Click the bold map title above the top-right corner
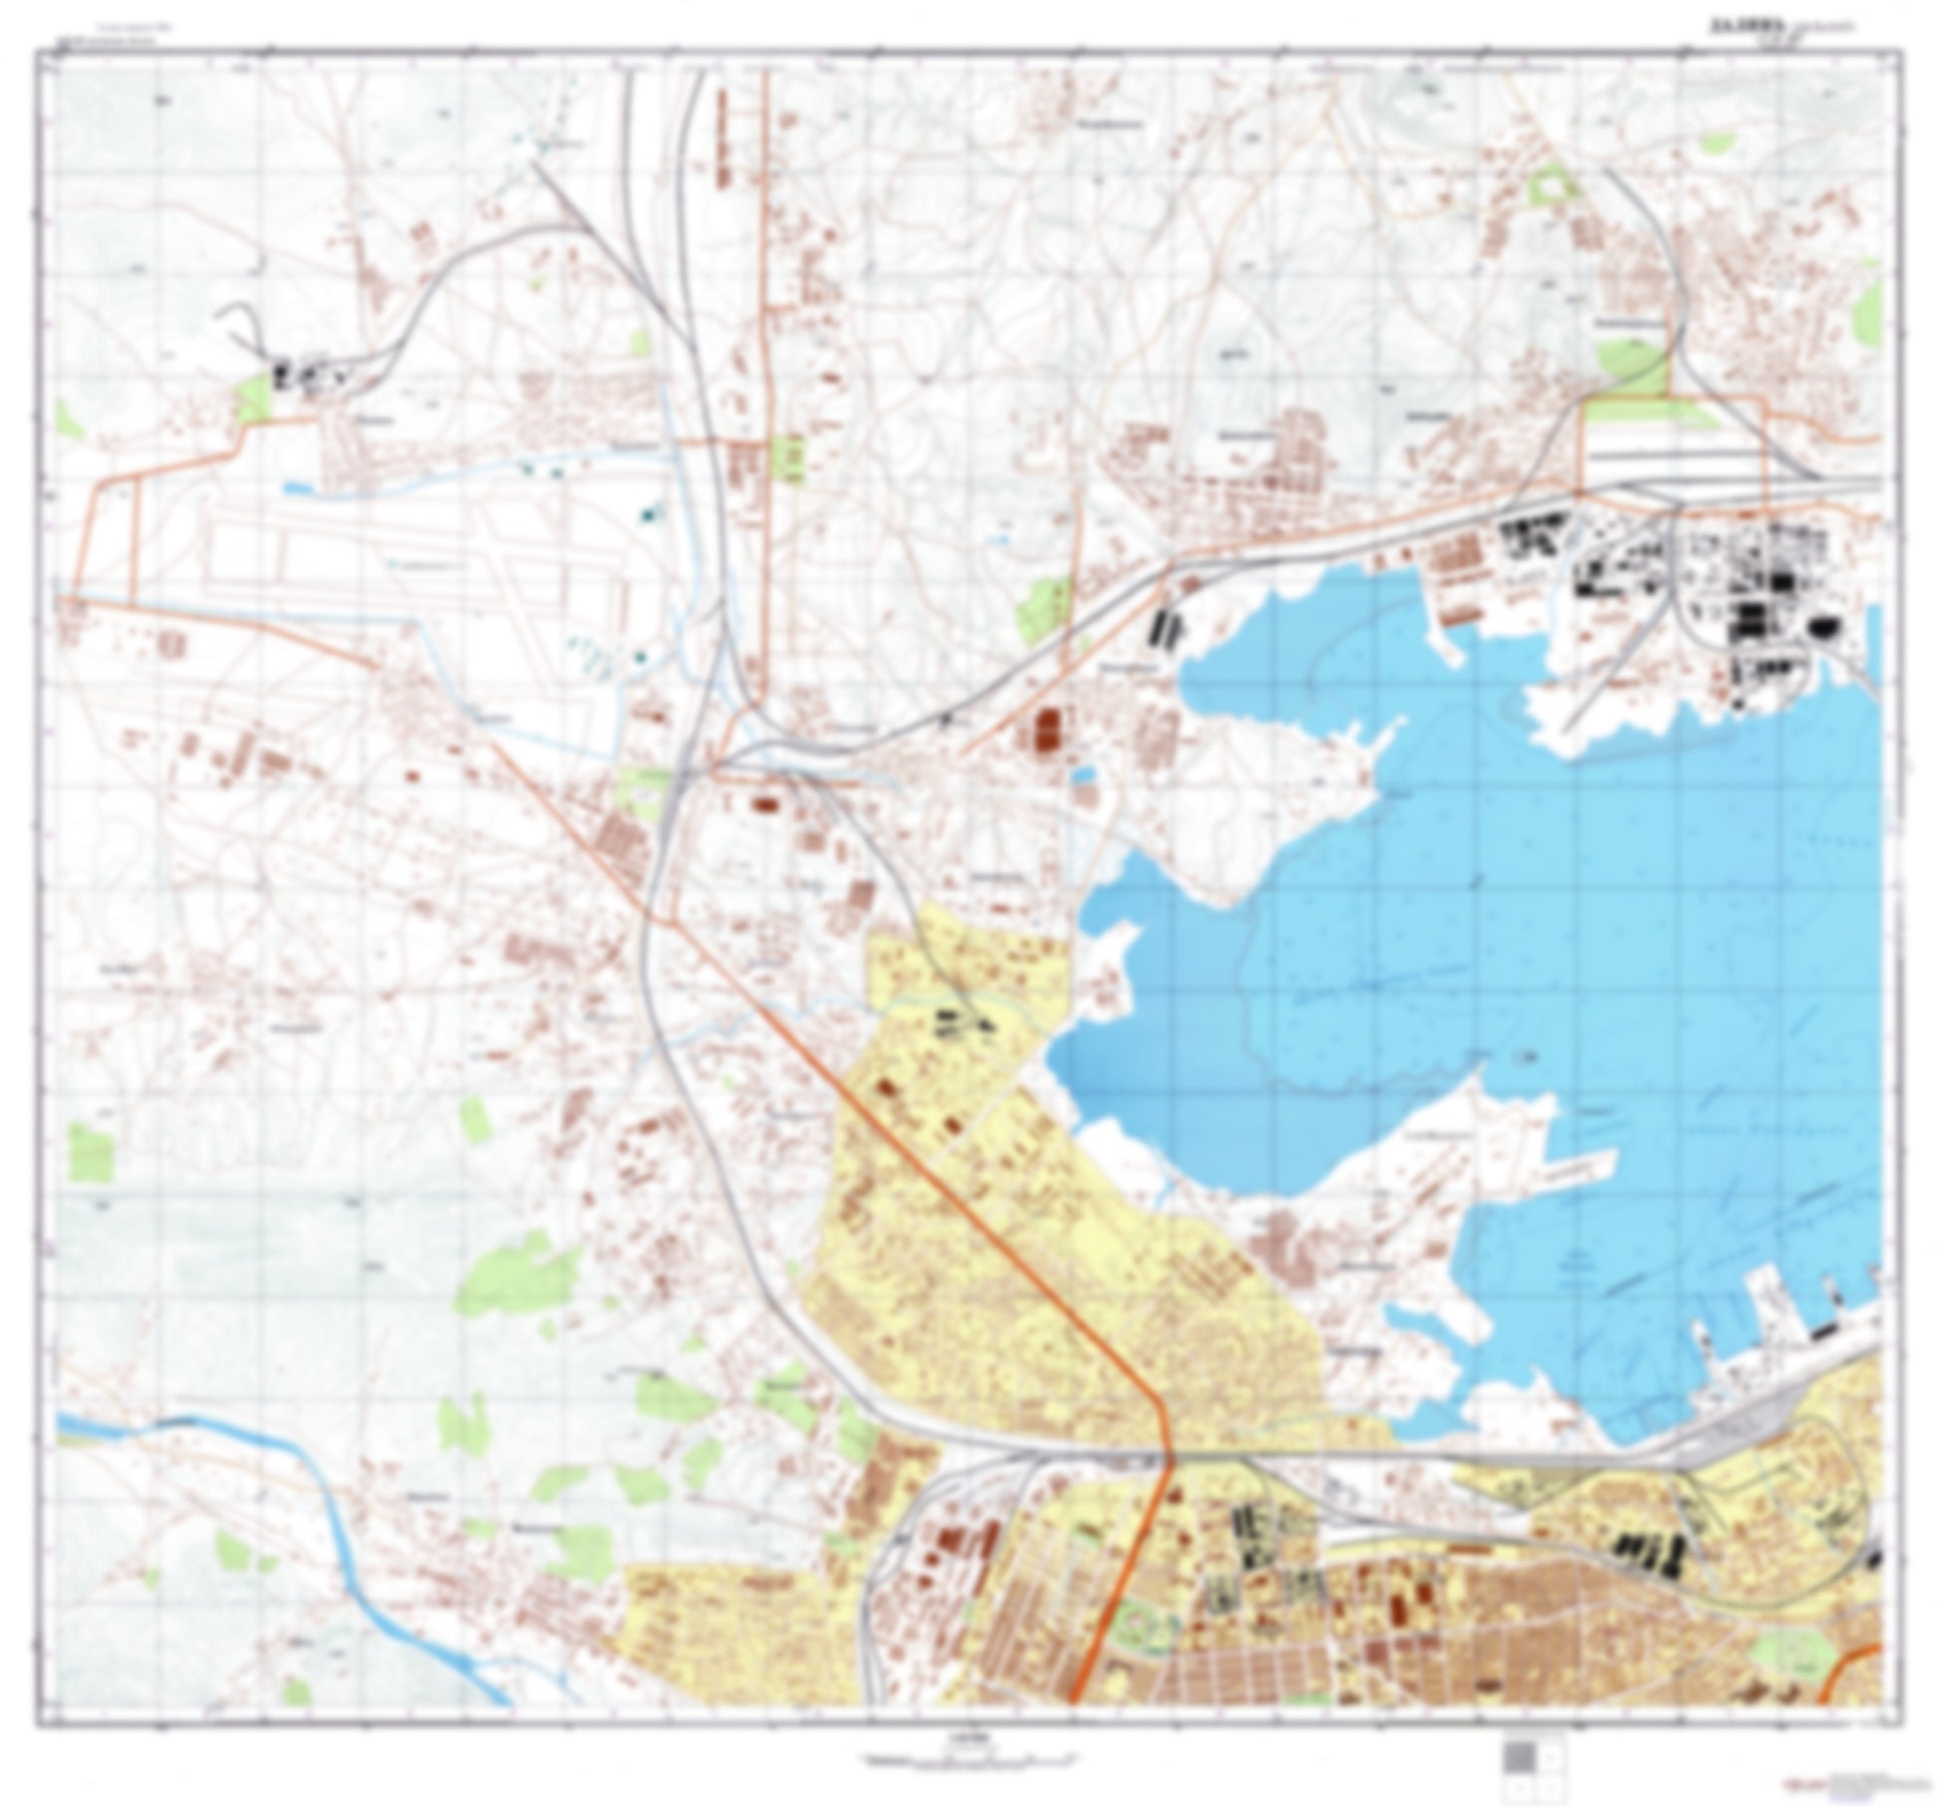[x=1738, y=29]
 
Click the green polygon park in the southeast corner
[x=1792, y=1653]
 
